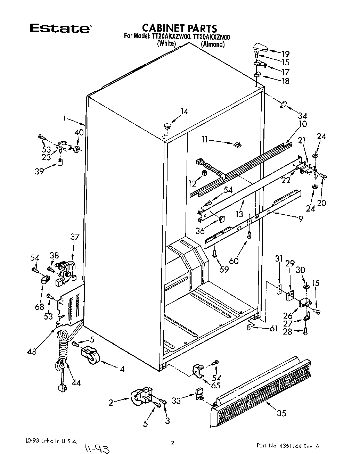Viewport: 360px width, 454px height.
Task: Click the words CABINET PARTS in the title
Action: pos(180,28)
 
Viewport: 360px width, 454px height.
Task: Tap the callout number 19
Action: pos(285,54)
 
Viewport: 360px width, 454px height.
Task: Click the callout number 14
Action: pos(184,112)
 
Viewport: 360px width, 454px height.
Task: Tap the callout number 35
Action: pos(281,413)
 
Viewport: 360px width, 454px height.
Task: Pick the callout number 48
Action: pos(32,351)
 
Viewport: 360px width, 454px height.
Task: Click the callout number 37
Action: pos(75,237)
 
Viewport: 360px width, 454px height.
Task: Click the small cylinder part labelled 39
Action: pos(60,162)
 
